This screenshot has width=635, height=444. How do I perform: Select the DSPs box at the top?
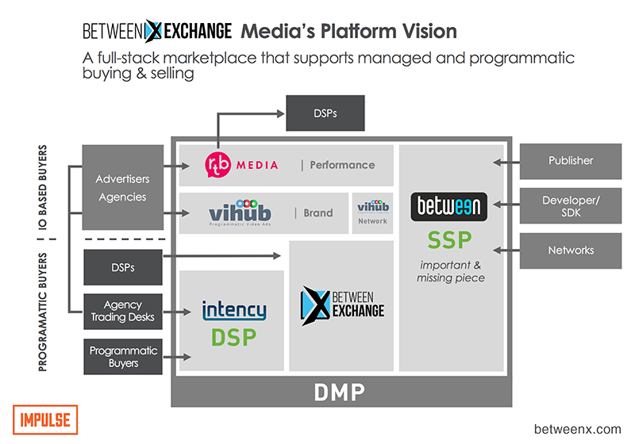[x=325, y=113]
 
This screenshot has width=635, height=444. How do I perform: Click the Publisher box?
[x=571, y=160]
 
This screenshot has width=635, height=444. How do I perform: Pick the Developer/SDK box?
[x=571, y=205]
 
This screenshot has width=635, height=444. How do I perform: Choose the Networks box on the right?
[x=571, y=250]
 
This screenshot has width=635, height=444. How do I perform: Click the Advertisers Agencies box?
[x=122, y=188]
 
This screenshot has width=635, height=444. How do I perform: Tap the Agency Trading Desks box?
[x=122, y=312]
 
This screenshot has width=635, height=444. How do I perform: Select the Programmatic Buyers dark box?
[x=122, y=357]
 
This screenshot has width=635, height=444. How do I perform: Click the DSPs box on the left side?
[x=122, y=267]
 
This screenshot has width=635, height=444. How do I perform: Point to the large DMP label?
[x=338, y=392]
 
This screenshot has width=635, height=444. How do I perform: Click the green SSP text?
[x=449, y=239]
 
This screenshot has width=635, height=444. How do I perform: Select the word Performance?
[x=342, y=165]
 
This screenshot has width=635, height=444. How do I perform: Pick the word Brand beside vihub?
[x=318, y=212]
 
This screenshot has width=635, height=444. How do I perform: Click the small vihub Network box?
[x=372, y=212]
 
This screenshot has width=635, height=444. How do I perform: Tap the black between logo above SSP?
[x=449, y=207]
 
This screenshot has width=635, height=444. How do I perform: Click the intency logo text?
[x=234, y=309]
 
